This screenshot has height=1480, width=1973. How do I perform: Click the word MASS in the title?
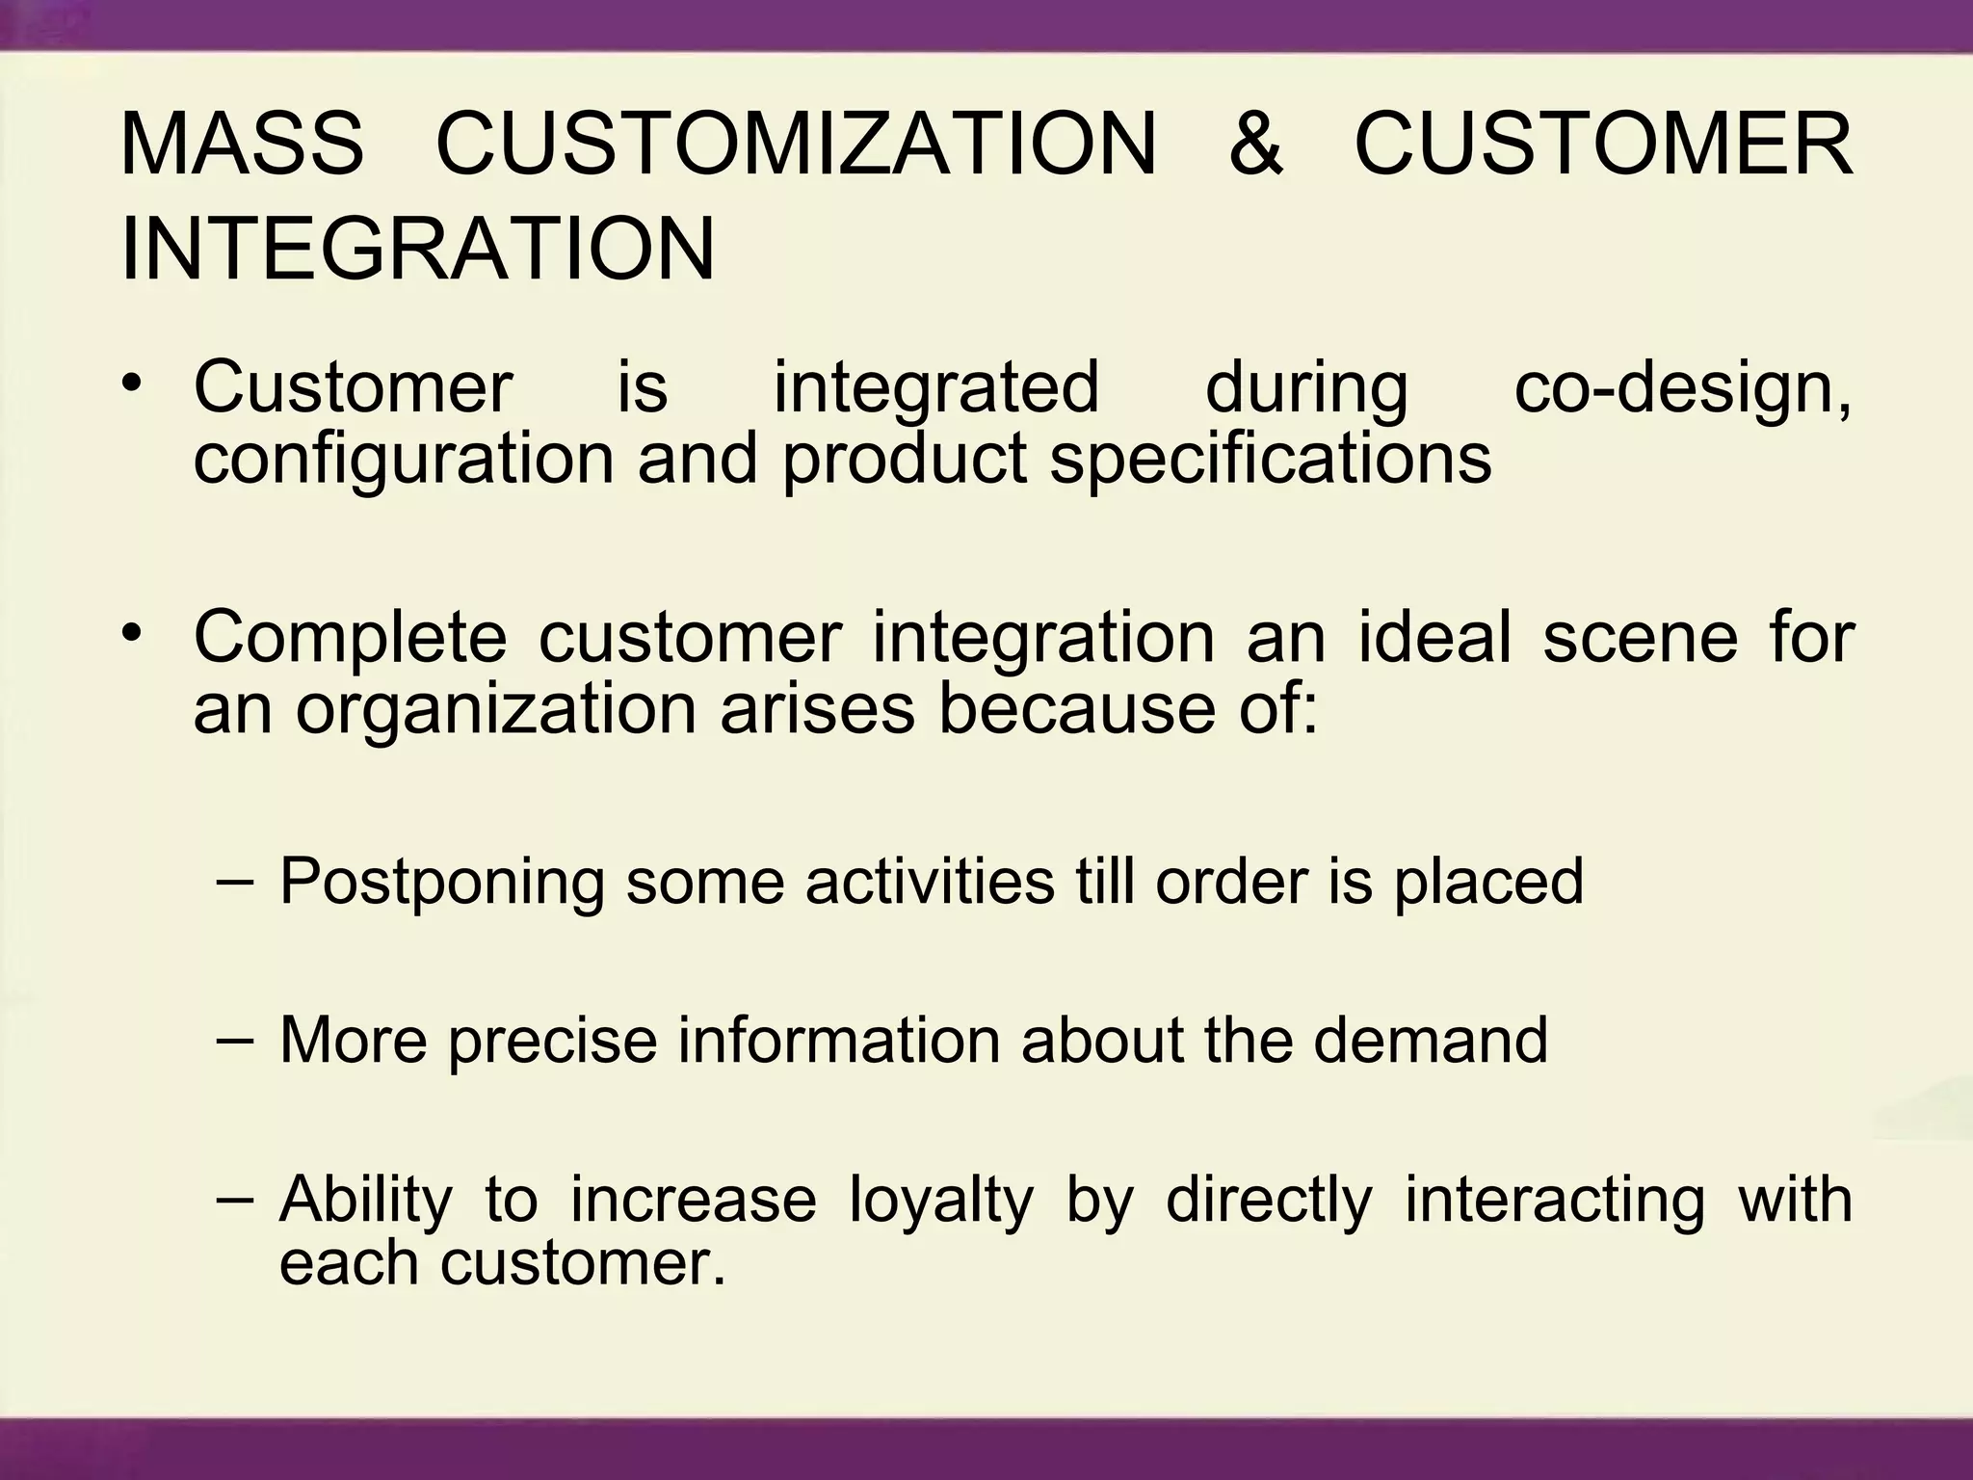click(242, 145)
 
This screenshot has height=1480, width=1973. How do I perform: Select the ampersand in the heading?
click(1255, 145)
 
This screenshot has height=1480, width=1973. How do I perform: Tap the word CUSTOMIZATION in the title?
click(796, 145)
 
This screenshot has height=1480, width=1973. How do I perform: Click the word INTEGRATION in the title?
click(418, 250)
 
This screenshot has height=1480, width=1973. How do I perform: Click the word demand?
click(1430, 1041)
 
